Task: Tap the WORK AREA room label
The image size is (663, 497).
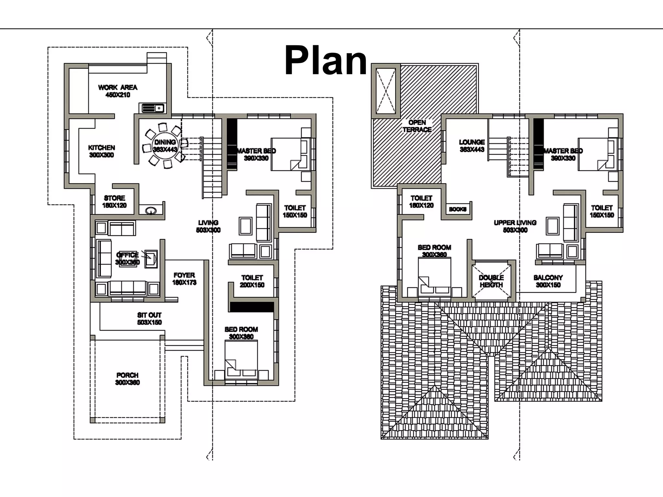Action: click(x=118, y=88)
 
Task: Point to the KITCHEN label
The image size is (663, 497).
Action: click(x=101, y=148)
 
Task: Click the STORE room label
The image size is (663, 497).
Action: click(x=114, y=198)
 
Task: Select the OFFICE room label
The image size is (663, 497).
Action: click(x=128, y=255)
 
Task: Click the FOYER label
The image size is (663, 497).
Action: click(x=184, y=275)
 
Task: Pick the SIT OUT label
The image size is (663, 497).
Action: click(x=149, y=315)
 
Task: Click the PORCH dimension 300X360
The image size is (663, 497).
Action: click(x=127, y=383)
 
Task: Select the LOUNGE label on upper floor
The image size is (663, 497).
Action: click(x=472, y=142)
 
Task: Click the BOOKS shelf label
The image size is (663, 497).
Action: click(x=457, y=209)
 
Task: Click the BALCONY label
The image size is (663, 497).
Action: click(x=548, y=278)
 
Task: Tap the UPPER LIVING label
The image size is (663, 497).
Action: click(x=515, y=223)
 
